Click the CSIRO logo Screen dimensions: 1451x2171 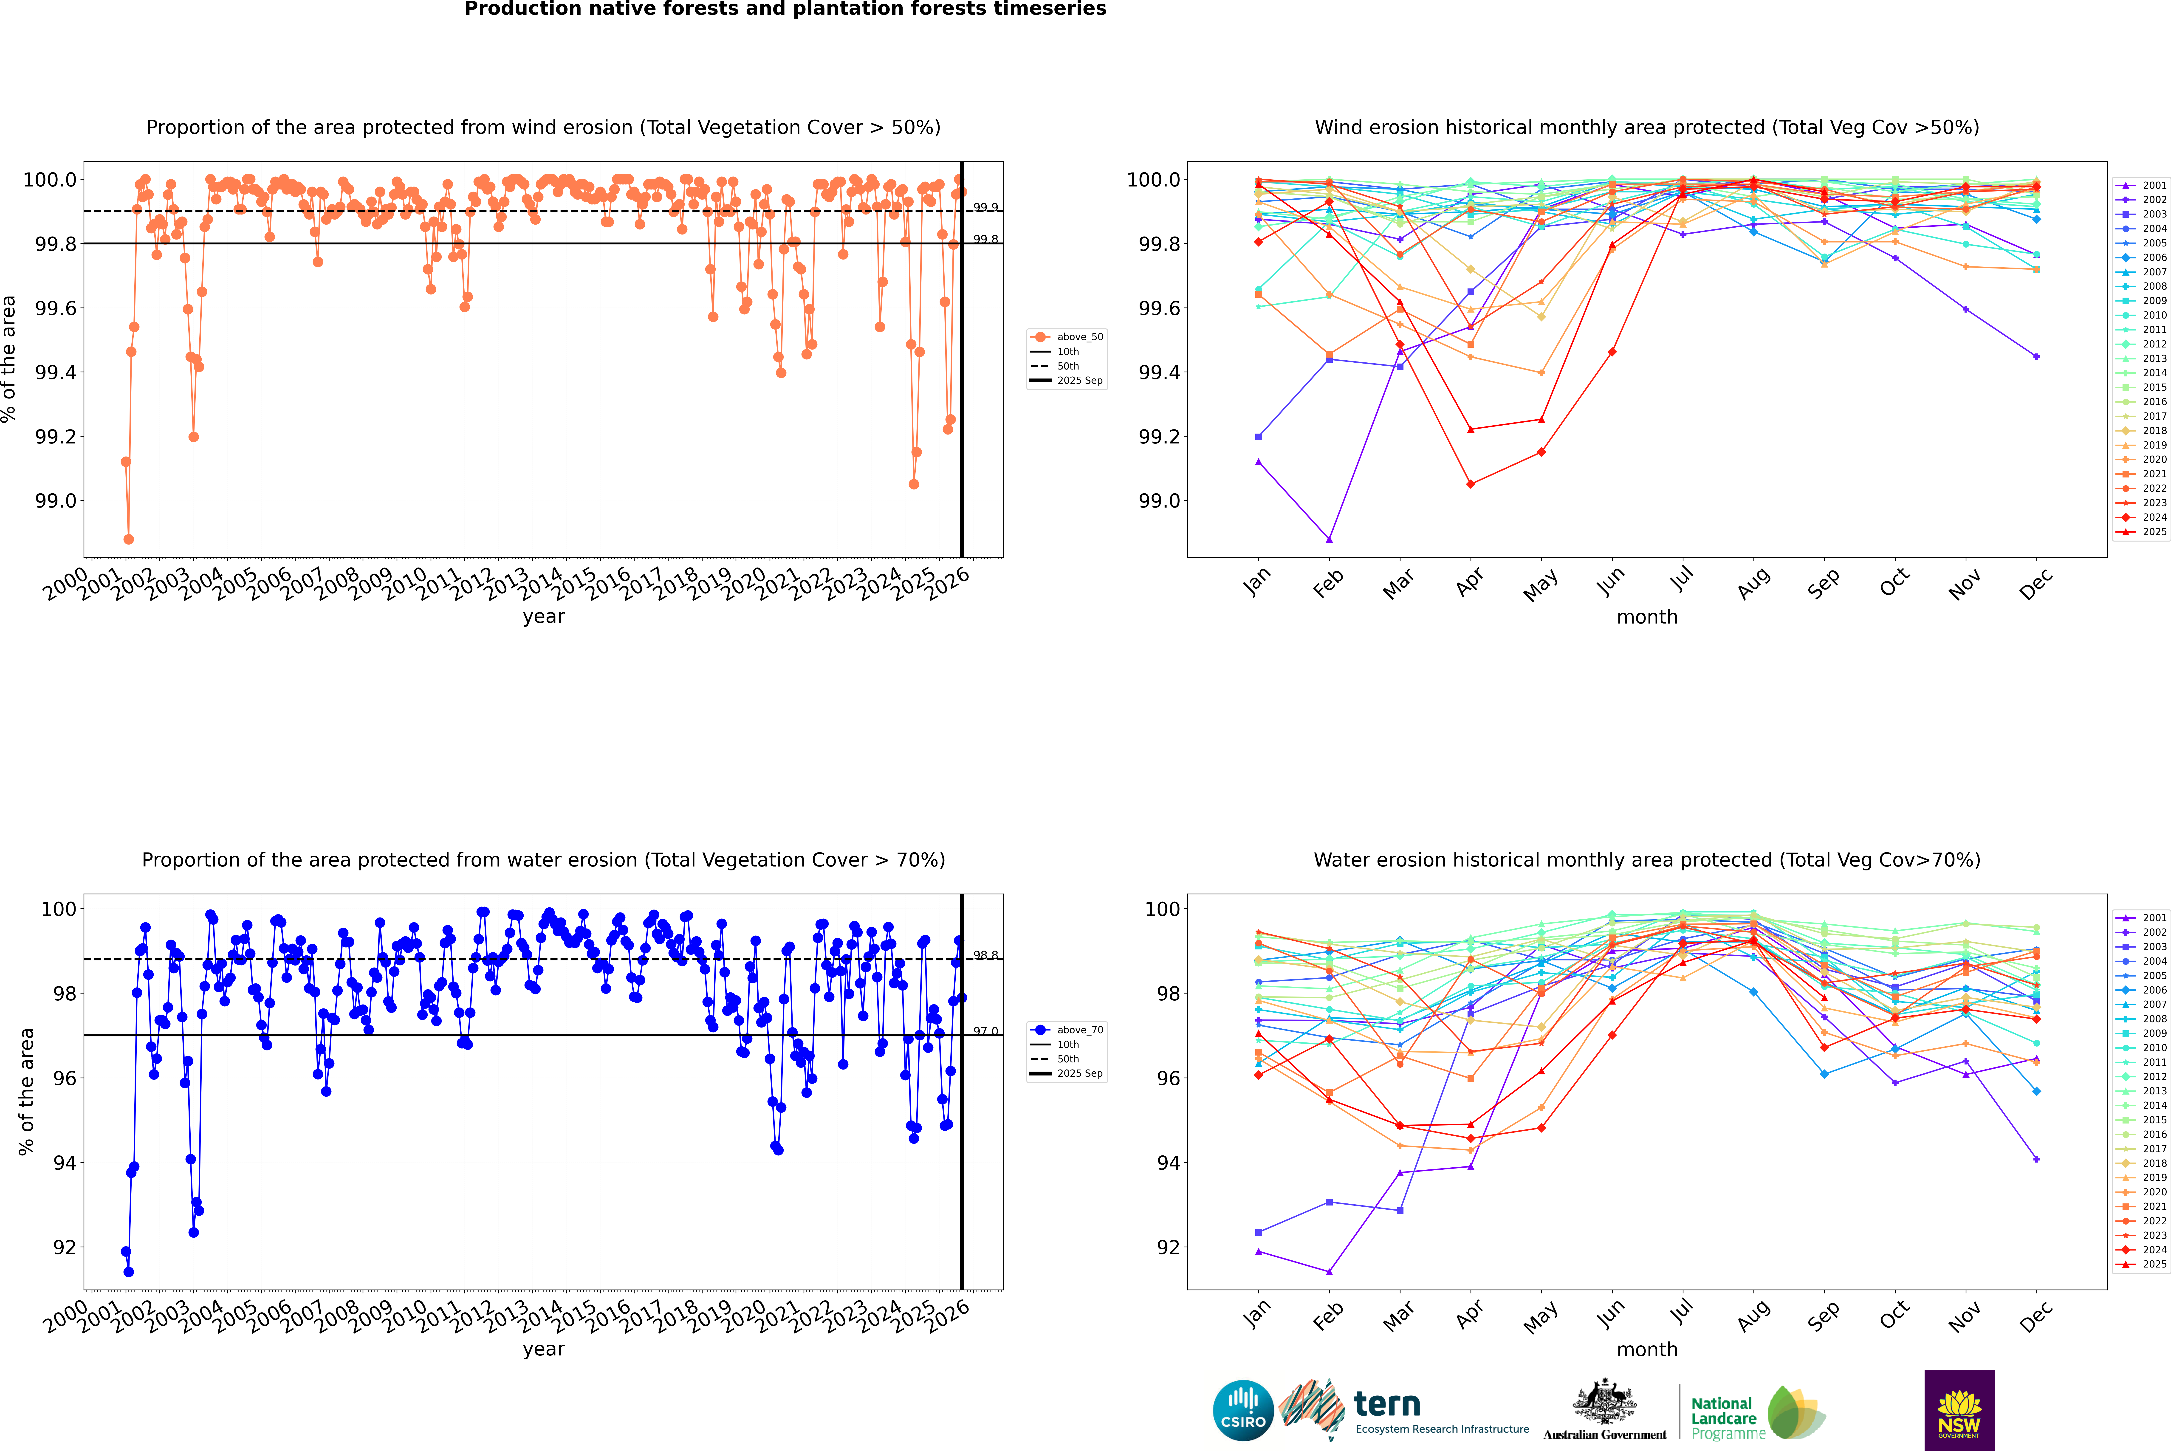(1243, 1410)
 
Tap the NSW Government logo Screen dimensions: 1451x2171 (1959, 1410)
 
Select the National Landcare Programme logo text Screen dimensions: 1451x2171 (1723, 1418)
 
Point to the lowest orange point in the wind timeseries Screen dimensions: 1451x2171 (129, 539)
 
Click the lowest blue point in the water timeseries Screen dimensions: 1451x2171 (129, 1271)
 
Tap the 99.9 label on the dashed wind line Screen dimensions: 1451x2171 (985, 207)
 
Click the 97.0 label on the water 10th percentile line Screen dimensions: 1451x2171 (985, 1031)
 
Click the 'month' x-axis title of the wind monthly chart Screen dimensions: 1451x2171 (1646, 617)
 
